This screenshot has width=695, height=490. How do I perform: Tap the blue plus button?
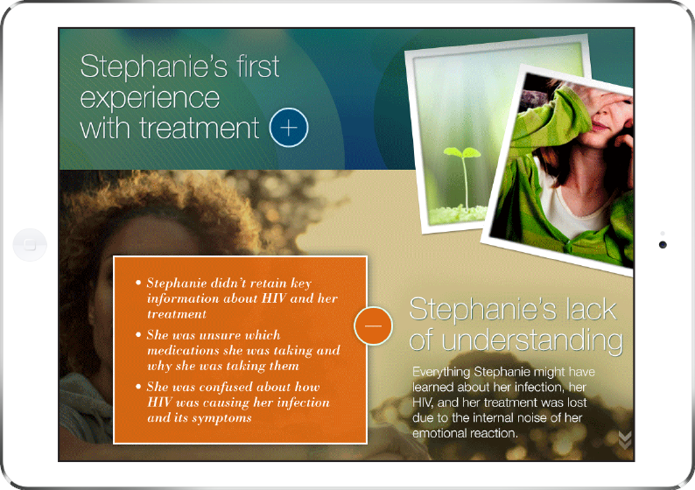pyautogui.click(x=289, y=128)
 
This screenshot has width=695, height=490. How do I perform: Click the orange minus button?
pyautogui.click(x=373, y=325)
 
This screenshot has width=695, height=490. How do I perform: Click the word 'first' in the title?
pyautogui.click(x=258, y=66)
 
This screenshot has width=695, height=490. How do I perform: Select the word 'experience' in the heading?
pyautogui.click(x=150, y=98)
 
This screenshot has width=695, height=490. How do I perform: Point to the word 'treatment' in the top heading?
pyautogui.click(x=200, y=128)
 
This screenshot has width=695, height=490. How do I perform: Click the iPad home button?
pyautogui.click(x=30, y=244)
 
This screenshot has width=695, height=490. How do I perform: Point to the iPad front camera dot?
pyautogui.click(x=663, y=244)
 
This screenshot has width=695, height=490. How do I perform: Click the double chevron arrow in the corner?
pyautogui.click(x=625, y=440)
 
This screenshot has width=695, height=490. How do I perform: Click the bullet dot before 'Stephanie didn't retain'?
pyautogui.click(x=138, y=283)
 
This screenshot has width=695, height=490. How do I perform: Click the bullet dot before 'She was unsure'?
pyautogui.click(x=138, y=334)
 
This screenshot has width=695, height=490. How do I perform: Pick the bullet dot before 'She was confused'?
pyautogui.click(x=138, y=386)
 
